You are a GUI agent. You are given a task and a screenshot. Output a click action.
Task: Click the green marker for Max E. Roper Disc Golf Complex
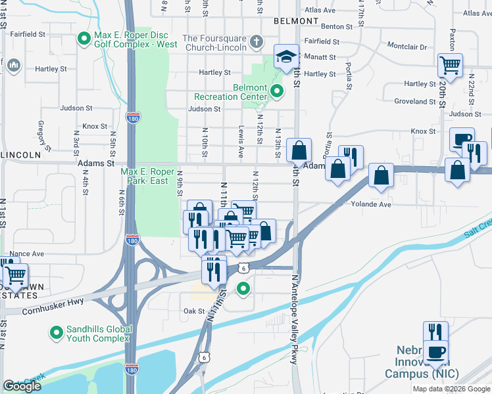coord(84,39)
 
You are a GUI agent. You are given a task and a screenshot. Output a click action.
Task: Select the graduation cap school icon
coord(286,57)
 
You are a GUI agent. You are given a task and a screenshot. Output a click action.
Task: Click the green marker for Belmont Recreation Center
coord(278,91)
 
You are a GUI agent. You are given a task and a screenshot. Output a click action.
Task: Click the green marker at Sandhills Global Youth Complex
coord(56,334)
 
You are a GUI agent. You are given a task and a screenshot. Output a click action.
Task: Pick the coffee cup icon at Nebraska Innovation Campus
coord(435,352)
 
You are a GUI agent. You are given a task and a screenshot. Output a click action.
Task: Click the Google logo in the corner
coord(22,385)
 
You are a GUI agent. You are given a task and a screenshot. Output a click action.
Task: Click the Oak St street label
coord(195,311)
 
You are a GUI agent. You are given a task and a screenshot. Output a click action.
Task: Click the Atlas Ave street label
coord(320,11)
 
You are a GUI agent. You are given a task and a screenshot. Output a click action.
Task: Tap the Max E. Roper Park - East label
coord(147,176)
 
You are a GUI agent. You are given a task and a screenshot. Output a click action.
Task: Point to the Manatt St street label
coord(320,58)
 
